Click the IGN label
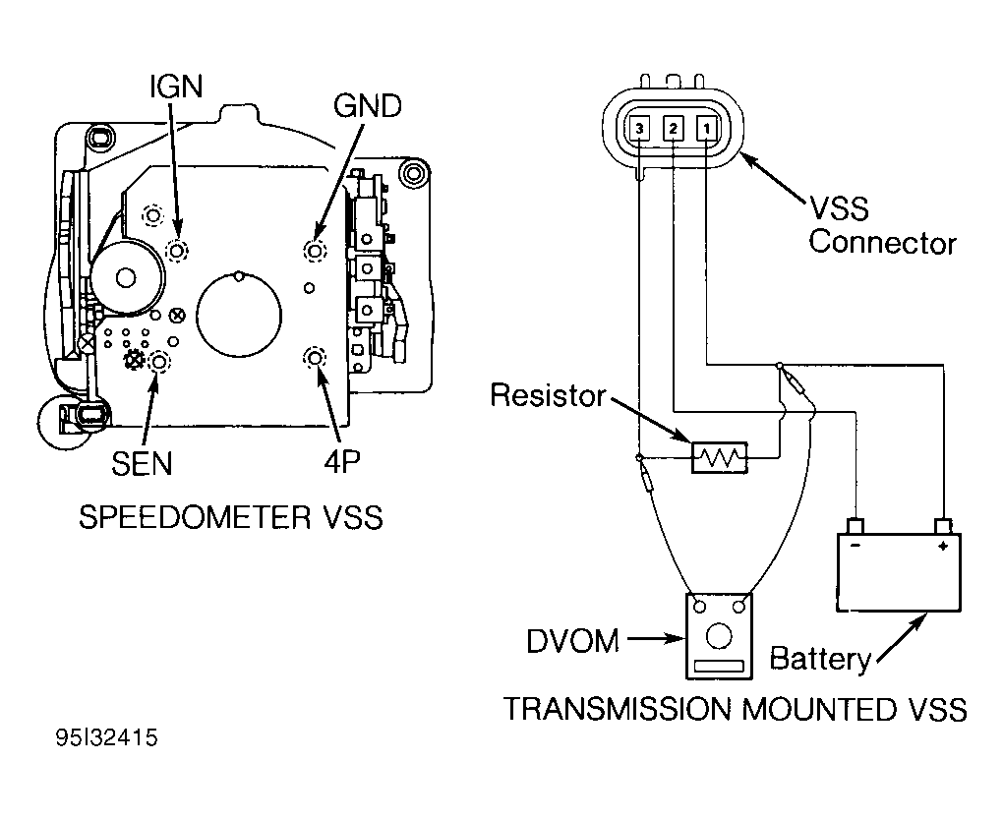click(176, 87)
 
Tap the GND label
click(368, 105)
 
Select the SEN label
click(142, 463)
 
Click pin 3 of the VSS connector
click(639, 129)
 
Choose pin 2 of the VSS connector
click(673, 129)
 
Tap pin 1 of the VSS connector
click(706, 129)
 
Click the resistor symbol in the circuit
click(720, 457)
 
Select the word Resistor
click(548, 395)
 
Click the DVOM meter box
click(719, 636)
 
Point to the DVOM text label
click(572, 641)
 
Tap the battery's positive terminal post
click(942, 526)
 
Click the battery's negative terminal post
click(855, 526)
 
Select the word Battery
click(820, 659)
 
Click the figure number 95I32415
click(107, 737)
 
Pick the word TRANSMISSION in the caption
click(618, 709)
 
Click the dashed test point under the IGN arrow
click(177, 250)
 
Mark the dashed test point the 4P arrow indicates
click(314, 358)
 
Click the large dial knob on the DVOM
click(719, 636)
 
